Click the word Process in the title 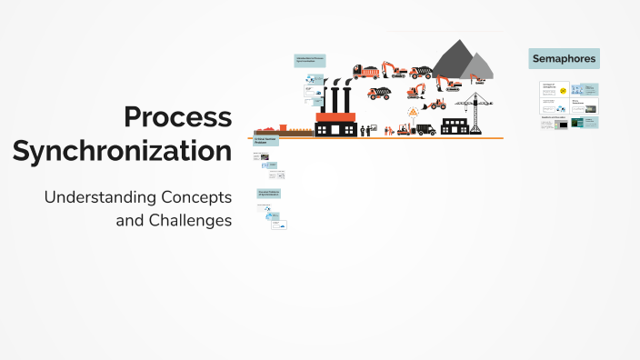point(178,118)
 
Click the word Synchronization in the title point(122,152)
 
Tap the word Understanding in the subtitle point(101,197)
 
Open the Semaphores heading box point(564,59)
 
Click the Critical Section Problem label point(265,141)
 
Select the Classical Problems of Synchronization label point(268,193)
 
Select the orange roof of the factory point(335,116)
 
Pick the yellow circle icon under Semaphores point(564,91)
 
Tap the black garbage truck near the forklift point(424,129)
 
